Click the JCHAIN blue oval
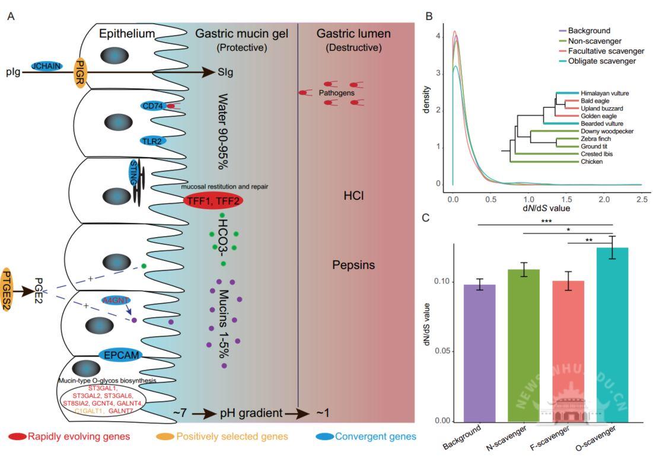point(46,66)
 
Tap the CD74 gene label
point(152,106)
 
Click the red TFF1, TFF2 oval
point(213,201)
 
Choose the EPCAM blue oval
point(121,355)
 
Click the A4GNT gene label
point(116,301)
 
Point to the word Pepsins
point(353,265)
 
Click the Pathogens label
point(336,93)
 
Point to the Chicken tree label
point(593,161)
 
